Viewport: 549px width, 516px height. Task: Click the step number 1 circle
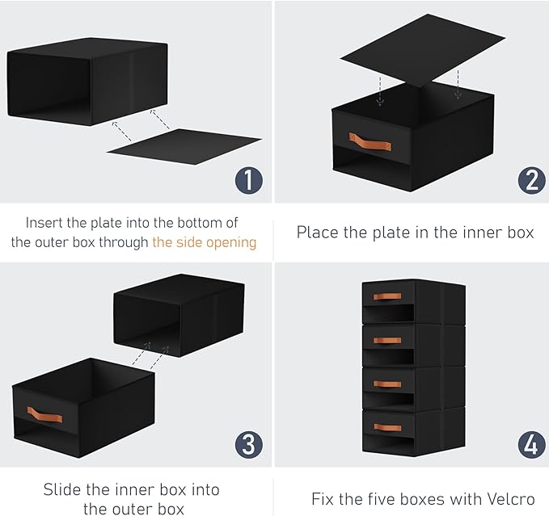(248, 180)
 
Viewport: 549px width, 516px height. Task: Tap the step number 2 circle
(531, 180)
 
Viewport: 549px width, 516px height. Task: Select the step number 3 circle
(248, 445)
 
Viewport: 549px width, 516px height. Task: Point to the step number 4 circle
(531, 445)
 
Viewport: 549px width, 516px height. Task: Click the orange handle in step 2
(370, 141)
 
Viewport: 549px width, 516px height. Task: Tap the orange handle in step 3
(44, 414)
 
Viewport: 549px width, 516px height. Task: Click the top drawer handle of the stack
(387, 296)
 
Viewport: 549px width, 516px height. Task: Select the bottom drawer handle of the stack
(387, 427)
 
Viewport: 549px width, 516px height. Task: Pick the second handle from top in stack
(387, 340)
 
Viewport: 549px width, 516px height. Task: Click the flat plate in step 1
(184, 146)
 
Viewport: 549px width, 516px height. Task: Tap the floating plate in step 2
(423, 50)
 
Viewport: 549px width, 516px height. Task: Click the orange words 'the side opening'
(204, 242)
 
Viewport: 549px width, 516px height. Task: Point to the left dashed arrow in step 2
(380, 91)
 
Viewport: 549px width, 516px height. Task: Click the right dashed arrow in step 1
(160, 120)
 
